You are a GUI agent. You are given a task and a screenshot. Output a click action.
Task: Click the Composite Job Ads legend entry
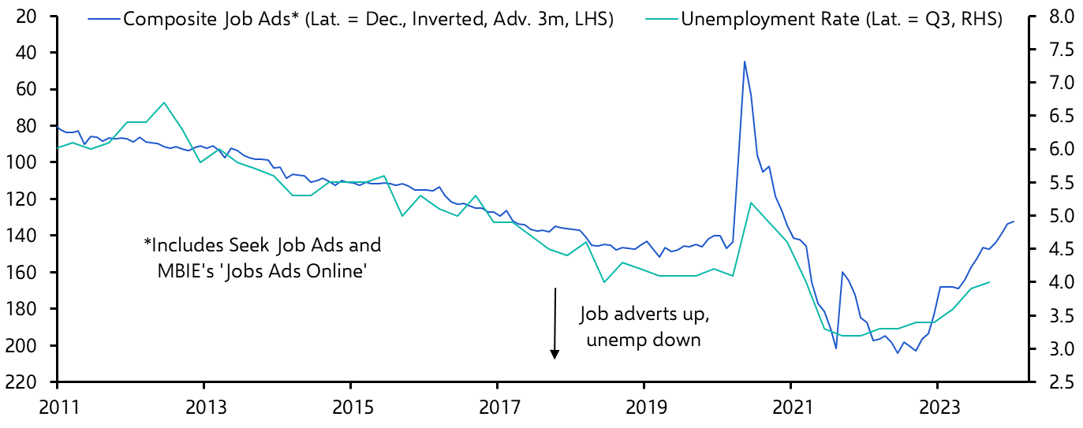tap(368, 20)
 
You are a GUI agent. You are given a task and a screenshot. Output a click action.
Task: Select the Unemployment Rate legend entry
tap(841, 20)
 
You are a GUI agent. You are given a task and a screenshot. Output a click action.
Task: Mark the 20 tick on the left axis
tap(37, 16)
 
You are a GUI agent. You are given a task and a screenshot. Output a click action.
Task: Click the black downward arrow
tap(555, 323)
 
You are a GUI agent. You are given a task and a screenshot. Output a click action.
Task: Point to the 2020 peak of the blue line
tap(744, 61)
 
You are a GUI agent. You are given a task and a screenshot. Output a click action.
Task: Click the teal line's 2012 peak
tap(164, 102)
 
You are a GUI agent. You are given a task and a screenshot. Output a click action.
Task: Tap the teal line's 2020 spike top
tap(750, 203)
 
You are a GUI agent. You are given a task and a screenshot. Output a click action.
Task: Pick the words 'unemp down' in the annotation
tap(645, 339)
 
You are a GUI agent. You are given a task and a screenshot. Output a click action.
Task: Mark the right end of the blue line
tap(1014, 221)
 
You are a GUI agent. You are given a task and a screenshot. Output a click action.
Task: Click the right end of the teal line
tap(989, 282)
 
